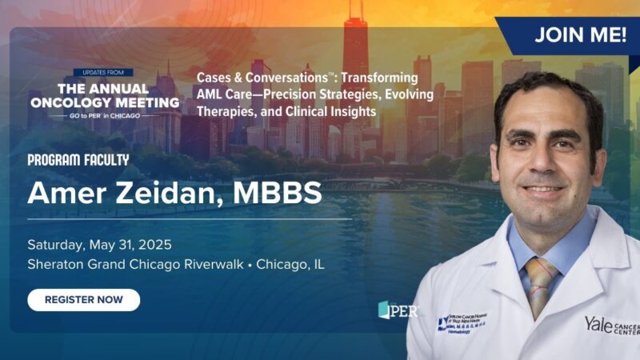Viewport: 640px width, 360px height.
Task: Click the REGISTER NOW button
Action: coord(83,300)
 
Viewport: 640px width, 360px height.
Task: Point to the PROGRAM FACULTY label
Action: coord(78,160)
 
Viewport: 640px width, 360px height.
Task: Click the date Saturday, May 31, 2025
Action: coord(99,245)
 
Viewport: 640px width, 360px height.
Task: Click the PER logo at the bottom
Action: coord(398,310)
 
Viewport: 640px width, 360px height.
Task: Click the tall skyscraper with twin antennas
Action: coord(354,48)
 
